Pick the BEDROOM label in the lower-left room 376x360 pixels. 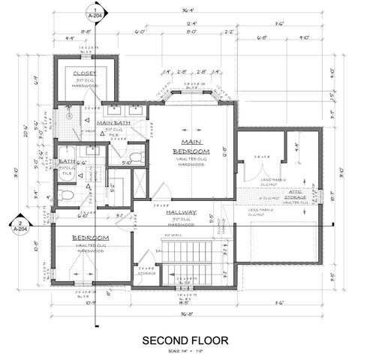90,238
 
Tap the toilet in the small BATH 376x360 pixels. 66,196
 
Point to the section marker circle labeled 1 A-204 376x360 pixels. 95,13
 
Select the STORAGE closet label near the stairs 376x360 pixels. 147,272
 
